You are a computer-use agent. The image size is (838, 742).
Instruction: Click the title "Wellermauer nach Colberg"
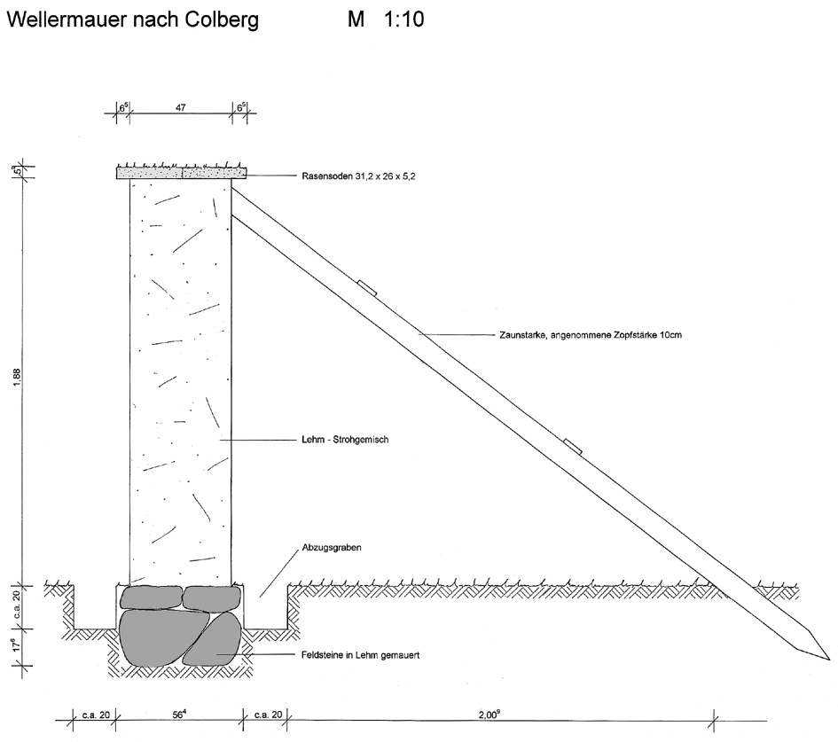coord(132,20)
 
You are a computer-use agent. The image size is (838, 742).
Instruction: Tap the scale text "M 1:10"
coord(386,20)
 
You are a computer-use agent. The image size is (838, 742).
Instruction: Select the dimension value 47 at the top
coord(181,108)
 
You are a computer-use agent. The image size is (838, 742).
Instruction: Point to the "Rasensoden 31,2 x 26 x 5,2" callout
coord(358,176)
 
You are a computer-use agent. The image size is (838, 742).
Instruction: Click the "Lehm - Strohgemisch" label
coord(345,440)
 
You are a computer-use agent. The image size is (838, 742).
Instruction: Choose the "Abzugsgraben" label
coord(332,548)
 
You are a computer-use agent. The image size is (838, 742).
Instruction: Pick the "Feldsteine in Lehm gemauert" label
coord(360,655)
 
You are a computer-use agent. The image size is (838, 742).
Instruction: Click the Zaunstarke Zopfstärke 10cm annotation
coord(591,335)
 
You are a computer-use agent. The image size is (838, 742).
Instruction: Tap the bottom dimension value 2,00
coord(489,715)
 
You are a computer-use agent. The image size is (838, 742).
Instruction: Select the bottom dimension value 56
coord(179,715)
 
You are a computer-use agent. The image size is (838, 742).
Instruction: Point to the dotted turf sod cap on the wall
coord(182,173)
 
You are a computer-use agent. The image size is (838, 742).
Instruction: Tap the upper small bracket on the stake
coord(367,287)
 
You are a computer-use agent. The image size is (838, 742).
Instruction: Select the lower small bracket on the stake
coord(573,447)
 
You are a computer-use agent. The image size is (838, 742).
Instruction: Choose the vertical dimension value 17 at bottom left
coord(17,644)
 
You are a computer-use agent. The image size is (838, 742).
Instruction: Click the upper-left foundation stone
coord(152,598)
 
